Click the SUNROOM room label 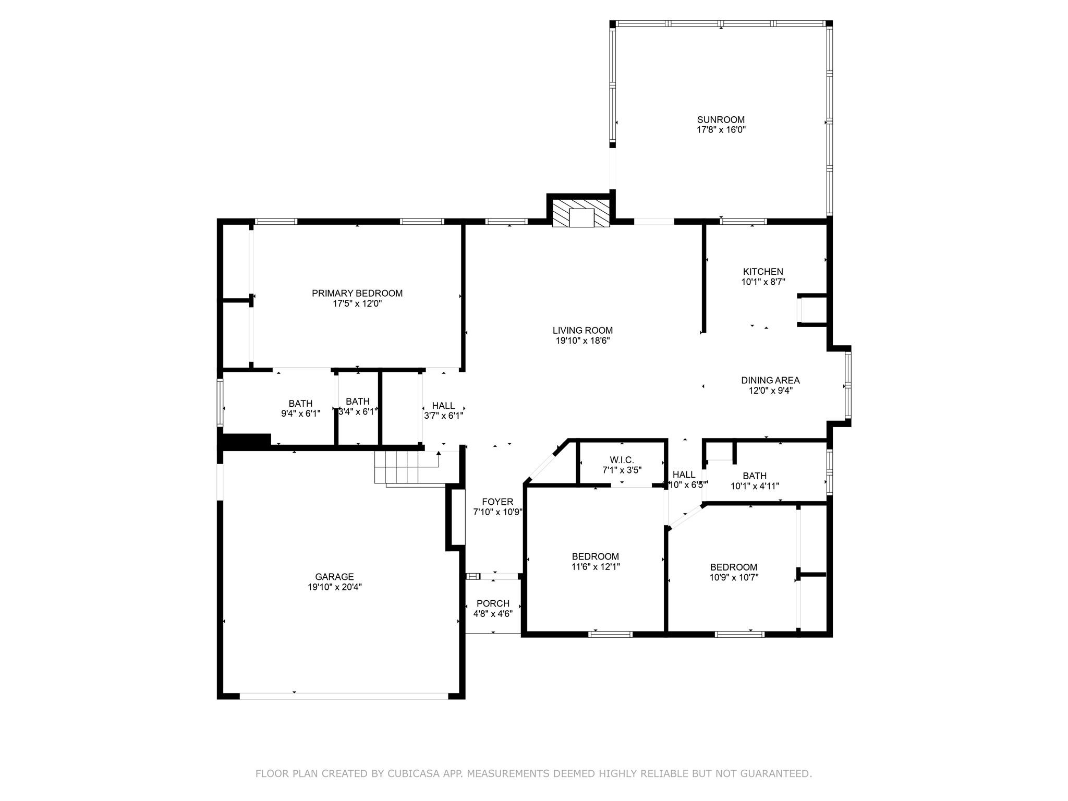(x=721, y=119)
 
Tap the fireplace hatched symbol (x=581, y=213)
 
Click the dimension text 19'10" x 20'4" (x=334, y=587)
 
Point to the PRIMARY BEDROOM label (x=357, y=293)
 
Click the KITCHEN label (x=763, y=272)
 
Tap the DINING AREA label (x=770, y=380)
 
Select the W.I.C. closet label (x=622, y=460)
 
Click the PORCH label (x=493, y=603)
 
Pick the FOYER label (x=497, y=502)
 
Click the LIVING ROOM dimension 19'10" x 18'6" (x=582, y=341)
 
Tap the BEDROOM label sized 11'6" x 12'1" (x=595, y=556)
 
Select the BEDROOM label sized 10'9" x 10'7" (x=733, y=567)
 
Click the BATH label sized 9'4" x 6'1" (x=300, y=403)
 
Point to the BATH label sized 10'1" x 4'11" (x=755, y=476)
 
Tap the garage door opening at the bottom (x=344, y=696)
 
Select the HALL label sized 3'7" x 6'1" (x=443, y=406)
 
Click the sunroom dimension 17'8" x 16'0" (x=721, y=130)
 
